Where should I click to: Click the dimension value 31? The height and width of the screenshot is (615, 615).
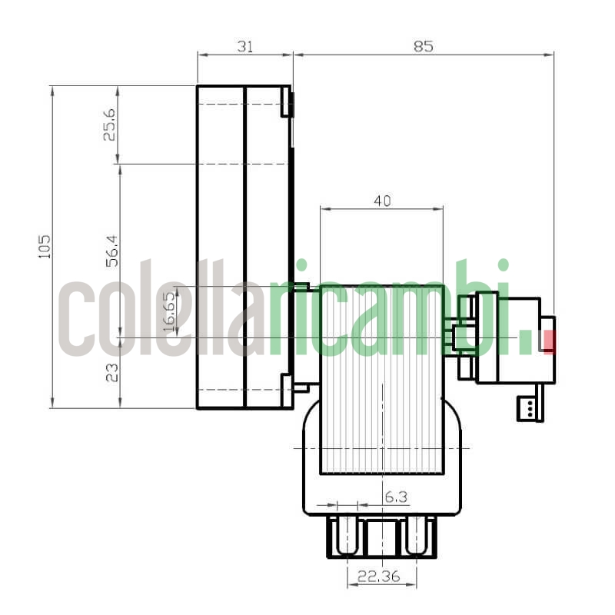[x=244, y=46]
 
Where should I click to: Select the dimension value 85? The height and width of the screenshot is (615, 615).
[x=423, y=46]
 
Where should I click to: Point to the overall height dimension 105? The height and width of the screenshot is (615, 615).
[x=45, y=246]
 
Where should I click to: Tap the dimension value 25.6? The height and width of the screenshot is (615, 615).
[x=110, y=124]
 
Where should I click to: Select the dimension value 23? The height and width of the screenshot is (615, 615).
[x=112, y=373]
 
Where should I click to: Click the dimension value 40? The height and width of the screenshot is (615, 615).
[x=382, y=201]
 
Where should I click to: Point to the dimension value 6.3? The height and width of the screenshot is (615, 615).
[x=395, y=497]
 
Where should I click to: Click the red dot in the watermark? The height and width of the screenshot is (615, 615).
[x=548, y=341]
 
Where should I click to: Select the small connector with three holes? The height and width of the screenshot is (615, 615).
[x=530, y=408]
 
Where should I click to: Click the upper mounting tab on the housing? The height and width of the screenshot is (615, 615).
[x=288, y=104]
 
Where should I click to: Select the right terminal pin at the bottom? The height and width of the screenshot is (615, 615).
[x=416, y=535]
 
